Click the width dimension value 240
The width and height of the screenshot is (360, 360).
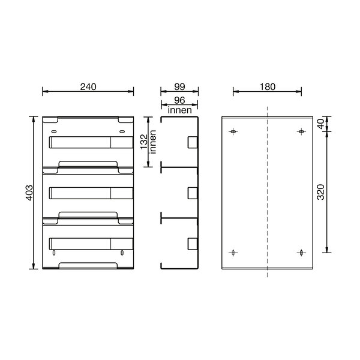click(x=88, y=86)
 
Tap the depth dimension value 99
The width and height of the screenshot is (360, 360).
click(x=178, y=86)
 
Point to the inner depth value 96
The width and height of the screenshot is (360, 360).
click(x=178, y=101)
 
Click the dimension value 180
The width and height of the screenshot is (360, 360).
click(x=267, y=86)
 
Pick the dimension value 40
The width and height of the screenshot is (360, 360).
click(x=320, y=124)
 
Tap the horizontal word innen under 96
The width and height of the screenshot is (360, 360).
click(x=179, y=110)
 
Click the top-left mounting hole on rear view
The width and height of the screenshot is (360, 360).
click(x=233, y=131)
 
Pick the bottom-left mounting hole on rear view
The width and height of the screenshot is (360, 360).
click(x=233, y=253)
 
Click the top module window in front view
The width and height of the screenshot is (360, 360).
click(x=89, y=142)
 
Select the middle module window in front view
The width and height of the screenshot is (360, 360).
click(x=89, y=193)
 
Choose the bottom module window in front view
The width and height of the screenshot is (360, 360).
click(x=89, y=243)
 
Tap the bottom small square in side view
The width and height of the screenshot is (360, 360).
click(x=193, y=243)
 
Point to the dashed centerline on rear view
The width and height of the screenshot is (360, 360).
click(x=266, y=192)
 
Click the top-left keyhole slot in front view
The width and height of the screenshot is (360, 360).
click(x=53, y=130)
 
